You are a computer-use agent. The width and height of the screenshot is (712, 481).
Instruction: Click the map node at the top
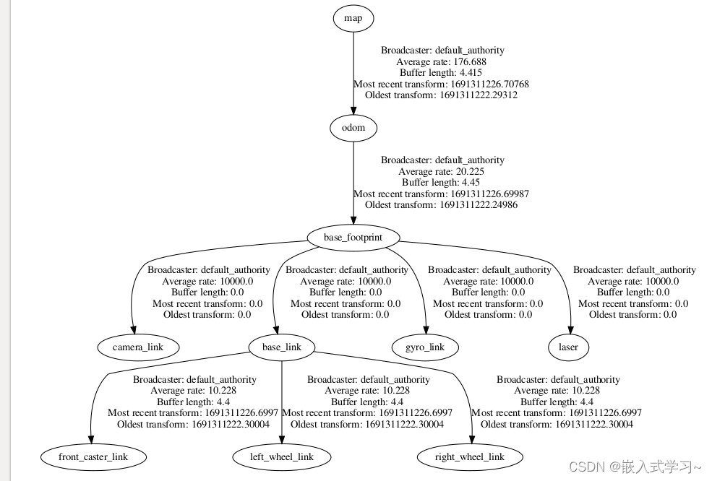(353, 19)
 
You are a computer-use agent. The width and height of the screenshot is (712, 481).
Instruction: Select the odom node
(353, 129)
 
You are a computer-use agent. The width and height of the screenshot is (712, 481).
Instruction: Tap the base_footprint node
(353, 237)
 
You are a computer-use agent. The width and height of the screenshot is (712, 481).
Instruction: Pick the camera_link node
(137, 347)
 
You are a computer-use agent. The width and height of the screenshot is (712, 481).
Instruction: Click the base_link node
(281, 347)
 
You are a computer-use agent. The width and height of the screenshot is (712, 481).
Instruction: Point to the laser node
(569, 347)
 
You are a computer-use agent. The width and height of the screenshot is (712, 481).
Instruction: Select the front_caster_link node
(93, 456)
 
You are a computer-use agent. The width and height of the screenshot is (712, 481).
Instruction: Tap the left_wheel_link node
(282, 456)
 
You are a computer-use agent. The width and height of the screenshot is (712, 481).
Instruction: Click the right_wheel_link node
(471, 456)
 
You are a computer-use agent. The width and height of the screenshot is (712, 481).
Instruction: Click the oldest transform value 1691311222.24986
(478, 204)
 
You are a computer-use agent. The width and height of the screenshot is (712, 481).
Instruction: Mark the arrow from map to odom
(353, 72)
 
